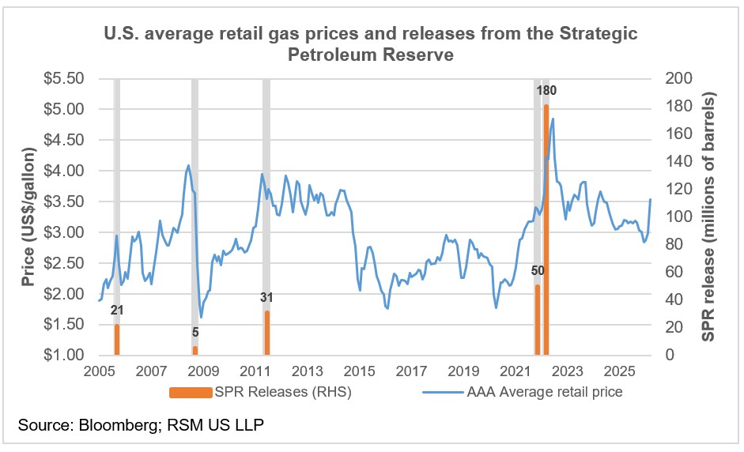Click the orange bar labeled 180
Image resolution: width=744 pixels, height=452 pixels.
coord(546,229)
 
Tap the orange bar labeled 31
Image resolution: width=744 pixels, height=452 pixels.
coord(267,333)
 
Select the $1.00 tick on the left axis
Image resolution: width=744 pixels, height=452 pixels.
coord(66,356)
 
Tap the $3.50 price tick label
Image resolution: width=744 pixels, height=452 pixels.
coord(66,202)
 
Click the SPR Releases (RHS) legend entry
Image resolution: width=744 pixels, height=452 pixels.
coord(260,392)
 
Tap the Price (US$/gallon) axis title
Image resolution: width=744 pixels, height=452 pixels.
coord(28,217)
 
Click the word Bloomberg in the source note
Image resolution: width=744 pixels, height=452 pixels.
coord(110,426)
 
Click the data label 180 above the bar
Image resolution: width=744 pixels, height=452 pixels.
coord(546,91)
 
